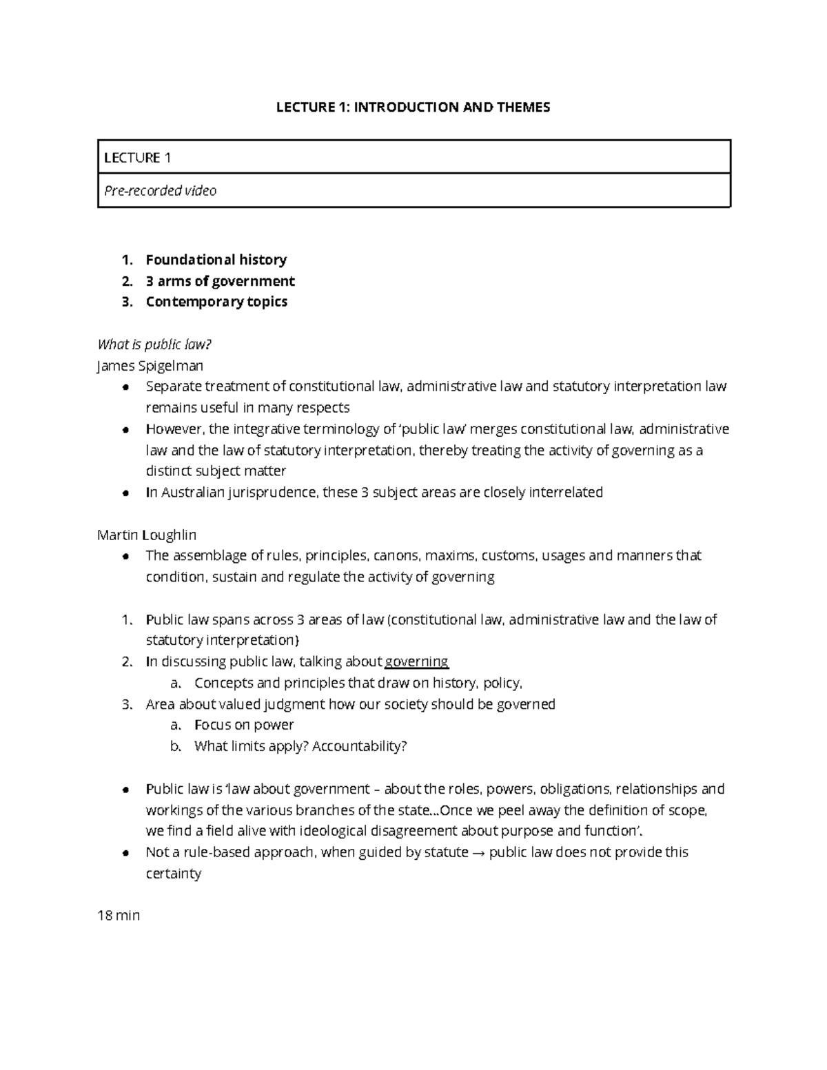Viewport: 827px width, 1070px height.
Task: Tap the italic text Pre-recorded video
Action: pos(160,191)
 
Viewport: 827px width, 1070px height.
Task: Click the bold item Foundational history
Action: pos(216,260)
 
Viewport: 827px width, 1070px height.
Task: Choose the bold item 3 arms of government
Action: pos(220,281)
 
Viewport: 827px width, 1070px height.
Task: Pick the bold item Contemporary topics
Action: pos(216,302)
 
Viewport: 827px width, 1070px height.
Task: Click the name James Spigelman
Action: pos(150,366)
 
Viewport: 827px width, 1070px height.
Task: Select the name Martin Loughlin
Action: pos(147,535)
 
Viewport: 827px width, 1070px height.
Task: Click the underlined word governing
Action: pos(417,662)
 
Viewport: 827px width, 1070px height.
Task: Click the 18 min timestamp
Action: pos(119,916)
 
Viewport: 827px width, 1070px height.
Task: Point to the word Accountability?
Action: pos(360,746)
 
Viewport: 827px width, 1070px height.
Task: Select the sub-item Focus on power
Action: pos(244,725)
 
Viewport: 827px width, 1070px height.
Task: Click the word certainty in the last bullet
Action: pos(174,874)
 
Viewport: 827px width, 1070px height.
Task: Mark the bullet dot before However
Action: pos(125,430)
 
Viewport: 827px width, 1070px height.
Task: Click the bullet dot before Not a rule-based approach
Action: pos(125,853)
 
